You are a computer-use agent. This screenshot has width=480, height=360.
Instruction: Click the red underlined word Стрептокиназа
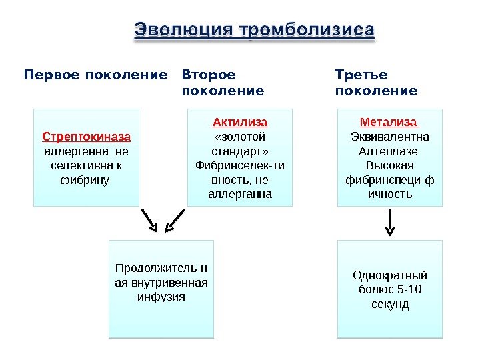(87, 137)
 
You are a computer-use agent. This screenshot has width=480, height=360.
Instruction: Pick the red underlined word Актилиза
(240, 123)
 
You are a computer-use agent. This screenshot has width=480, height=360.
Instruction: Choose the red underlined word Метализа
(389, 123)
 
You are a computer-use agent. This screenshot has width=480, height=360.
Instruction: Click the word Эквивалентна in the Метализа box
(390, 137)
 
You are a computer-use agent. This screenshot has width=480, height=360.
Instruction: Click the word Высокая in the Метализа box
(390, 165)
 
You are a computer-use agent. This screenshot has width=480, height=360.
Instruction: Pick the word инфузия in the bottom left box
(161, 296)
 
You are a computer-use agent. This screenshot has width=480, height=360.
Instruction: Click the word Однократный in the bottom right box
(390, 275)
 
